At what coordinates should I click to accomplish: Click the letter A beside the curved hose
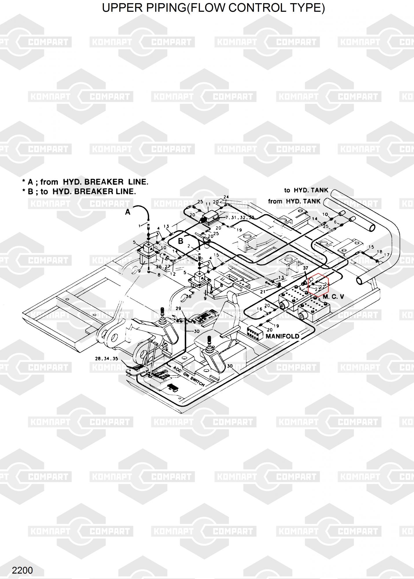tap(128, 212)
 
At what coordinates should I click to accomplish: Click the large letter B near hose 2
tap(181, 241)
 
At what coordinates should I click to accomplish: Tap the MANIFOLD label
tap(282, 336)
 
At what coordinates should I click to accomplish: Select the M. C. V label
tap(333, 297)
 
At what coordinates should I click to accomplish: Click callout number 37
tap(306, 268)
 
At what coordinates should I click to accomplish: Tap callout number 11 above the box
tap(208, 204)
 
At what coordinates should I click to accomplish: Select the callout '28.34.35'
tap(106, 358)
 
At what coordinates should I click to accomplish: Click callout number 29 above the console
tap(178, 308)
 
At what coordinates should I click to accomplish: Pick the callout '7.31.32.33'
tap(240, 217)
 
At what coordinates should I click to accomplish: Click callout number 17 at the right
tap(387, 255)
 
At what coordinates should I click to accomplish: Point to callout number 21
tap(262, 292)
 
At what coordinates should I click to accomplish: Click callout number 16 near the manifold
tap(260, 309)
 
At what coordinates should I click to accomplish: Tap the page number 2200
tap(22, 570)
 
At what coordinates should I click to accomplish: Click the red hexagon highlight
tap(318, 284)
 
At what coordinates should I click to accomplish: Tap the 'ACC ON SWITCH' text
tap(189, 376)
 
